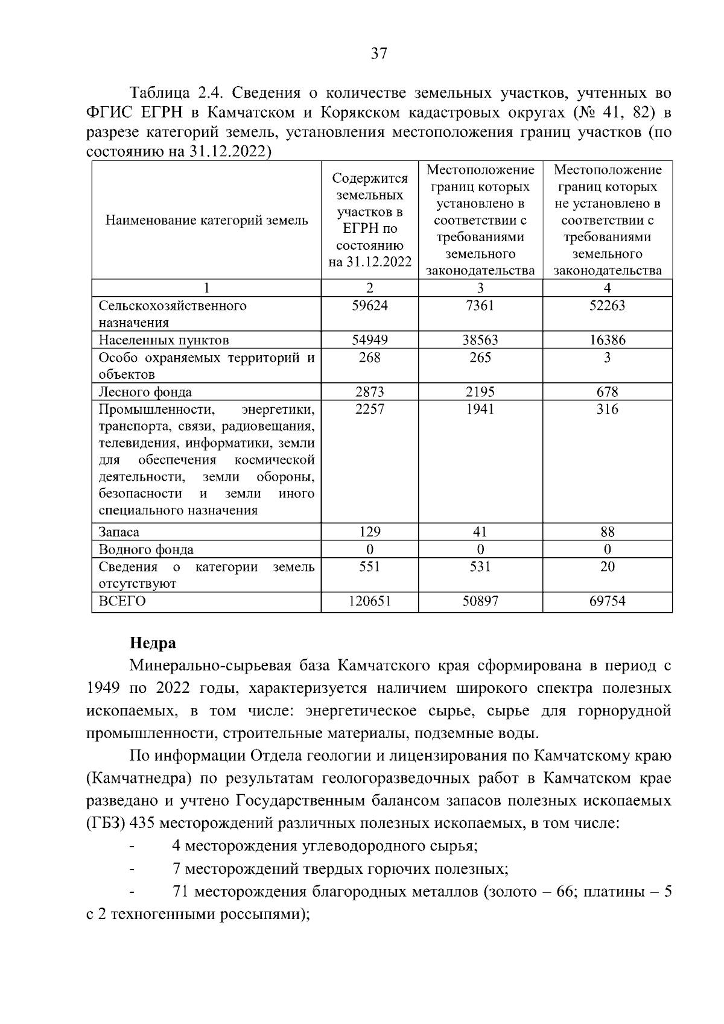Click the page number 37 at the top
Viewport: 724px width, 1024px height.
(378, 54)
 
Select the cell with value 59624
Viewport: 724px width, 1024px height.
(369, 306)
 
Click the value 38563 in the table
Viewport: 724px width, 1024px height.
(480, 340)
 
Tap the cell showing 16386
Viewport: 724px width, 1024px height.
(607, 340)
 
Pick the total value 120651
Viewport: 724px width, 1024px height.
(369, 601)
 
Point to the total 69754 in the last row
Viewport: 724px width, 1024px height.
(607, 601)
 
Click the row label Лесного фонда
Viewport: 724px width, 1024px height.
(145, 392)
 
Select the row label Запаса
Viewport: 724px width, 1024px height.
(119, 532)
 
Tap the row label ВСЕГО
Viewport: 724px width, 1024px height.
(122, 601)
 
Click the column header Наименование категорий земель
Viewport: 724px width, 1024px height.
(206, 221)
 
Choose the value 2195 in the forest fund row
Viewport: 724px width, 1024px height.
(480, 392)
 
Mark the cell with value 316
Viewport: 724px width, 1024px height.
(607, 409)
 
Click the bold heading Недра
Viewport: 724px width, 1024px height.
(153, 643)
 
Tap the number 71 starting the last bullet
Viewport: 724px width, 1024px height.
(180, 891)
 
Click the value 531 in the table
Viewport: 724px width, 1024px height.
(480, 567)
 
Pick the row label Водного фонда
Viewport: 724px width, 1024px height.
(146, 549)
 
